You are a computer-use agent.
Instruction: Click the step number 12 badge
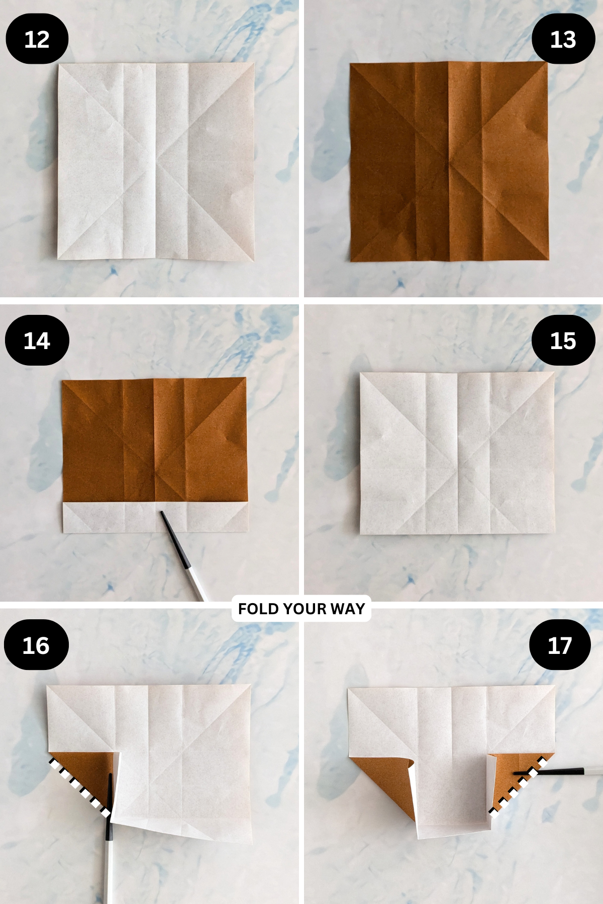(x=37, y=39)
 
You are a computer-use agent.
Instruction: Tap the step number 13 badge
(x=563, y=39)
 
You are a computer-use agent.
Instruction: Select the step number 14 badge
(x=37, y=341)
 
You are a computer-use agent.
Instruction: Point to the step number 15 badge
(x=563, y=341)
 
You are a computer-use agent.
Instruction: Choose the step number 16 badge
(x=36, y=645)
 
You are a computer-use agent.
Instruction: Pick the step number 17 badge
(x=560, y=645)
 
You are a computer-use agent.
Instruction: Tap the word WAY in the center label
(x=348, y=609)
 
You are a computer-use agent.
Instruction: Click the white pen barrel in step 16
(x=107, y=874)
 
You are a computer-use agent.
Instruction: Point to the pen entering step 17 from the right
(x=568, y=771)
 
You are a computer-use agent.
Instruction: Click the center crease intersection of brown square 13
(x=448, y=163)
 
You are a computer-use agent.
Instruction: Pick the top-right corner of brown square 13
(x=547, y=63)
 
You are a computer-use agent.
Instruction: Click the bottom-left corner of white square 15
(x=360, y=533)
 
